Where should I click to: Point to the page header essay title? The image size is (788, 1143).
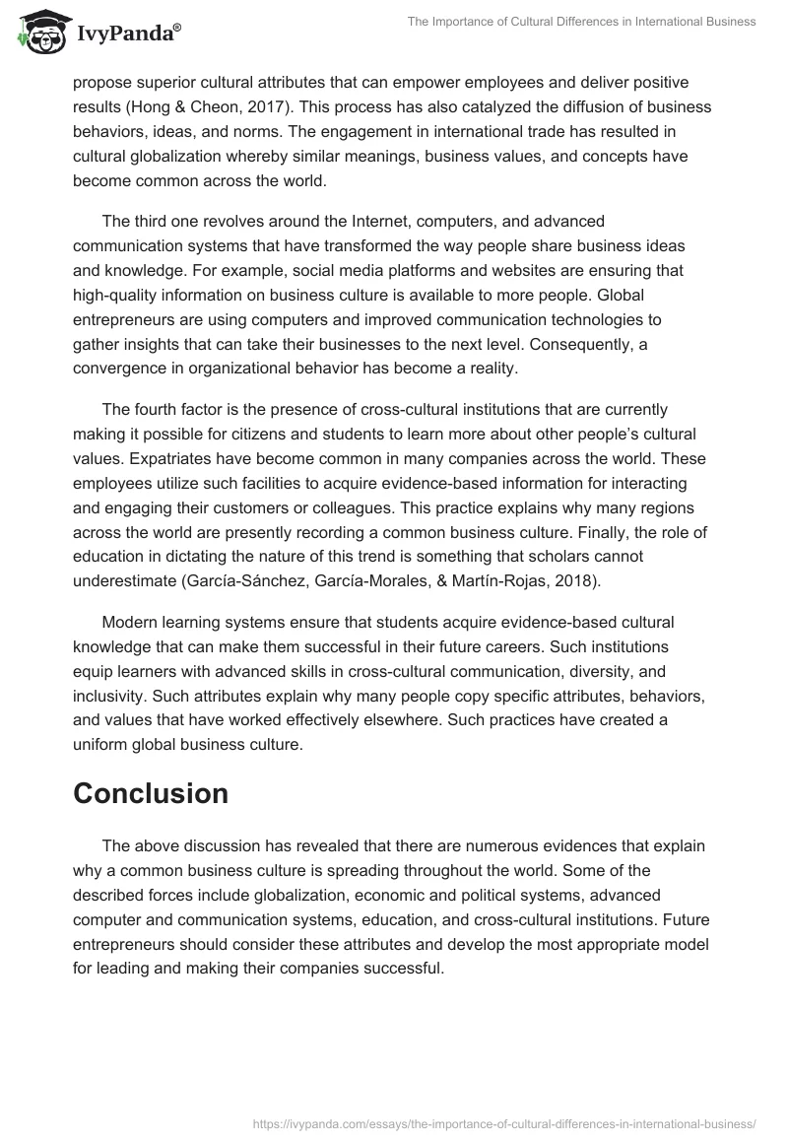point(581,22)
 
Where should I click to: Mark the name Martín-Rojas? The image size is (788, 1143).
point(496,580)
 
